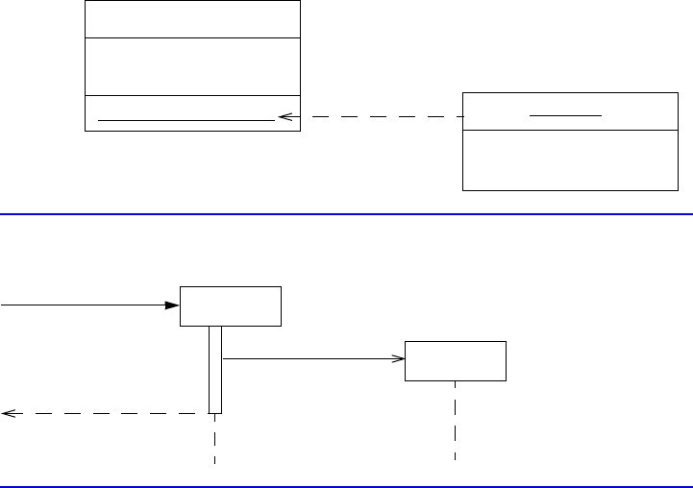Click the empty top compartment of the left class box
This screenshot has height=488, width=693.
pyautogui.click(x=192, y=19)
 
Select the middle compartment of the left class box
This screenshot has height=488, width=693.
pyautogui.click(x=192, y=66)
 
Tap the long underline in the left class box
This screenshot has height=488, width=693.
pyautogui.click(x=186, y=120)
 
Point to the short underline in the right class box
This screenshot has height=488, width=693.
pyautogui.click(x=566, y=113)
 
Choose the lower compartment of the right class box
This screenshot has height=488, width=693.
pyautogui.click(x=570, y=159)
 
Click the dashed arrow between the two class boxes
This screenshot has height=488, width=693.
pyautogui.click(x=375, y=117)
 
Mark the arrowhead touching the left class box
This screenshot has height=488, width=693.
pyautogui.click(x=285, y=117)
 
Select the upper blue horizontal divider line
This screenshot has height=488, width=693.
pyautogui.click(x=346, y=214)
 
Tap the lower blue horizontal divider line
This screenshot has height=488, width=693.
pyautogui.click(x=346, y=486)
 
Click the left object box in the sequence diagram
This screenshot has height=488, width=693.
pyautogui.click(x=231, y=305)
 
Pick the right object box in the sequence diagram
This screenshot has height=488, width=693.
pyautogui.click(x=456, y=360)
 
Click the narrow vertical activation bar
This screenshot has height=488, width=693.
pyautogui.click(x=215, y=370)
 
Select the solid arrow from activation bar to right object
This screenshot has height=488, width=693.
pyautogui.click(x=308, y=359)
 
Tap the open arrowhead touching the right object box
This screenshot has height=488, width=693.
pyautogui.click(x=398, y=359)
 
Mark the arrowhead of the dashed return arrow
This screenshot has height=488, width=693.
pyautogui.click(x=8, y=413)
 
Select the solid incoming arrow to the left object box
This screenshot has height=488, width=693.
pyautogui.click(x=87, y=305)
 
